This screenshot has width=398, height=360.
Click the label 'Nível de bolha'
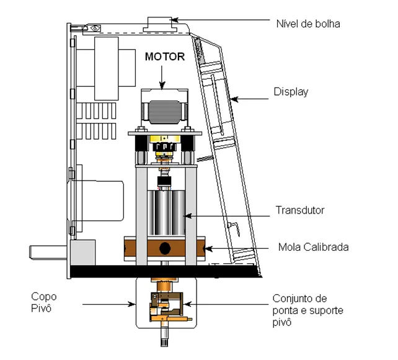pos(307,24)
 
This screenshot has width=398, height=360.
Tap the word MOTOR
pos(164,56)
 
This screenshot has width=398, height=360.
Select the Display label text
pos(291,92)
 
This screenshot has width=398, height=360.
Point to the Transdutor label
pos(299,210)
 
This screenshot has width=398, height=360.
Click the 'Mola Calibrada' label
pos(313,247)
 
